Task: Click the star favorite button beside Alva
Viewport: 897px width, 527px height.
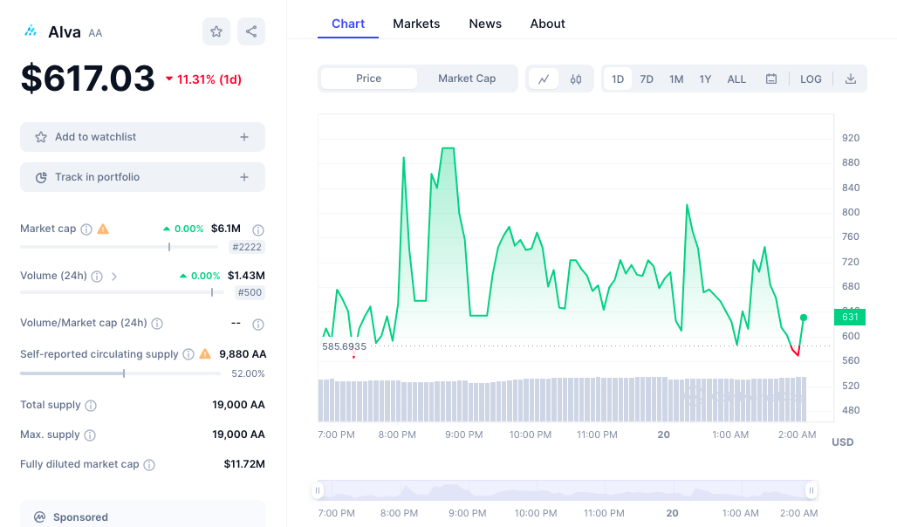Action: point(216,31)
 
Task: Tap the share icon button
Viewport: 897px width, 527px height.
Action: point(251,31)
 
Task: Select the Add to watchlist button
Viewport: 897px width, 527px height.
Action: point(142,137)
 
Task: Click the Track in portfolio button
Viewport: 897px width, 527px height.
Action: point(142,177)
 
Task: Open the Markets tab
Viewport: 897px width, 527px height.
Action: point(416,24)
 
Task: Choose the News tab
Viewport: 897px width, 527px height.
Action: point(485,24)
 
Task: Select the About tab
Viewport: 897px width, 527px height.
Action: point(547,24)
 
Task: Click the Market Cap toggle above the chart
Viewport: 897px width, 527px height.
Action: point(467,79)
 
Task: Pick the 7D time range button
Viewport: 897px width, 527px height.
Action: point(647,79)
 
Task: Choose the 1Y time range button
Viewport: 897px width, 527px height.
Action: point(705,79)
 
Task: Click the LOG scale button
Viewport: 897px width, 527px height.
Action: point(811,79)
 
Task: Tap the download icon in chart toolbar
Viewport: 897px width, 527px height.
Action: point(851,79)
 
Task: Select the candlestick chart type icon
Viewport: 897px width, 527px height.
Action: point(576,79)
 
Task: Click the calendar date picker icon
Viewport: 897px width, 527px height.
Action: point(771,79)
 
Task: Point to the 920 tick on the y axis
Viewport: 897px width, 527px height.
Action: point(850,138)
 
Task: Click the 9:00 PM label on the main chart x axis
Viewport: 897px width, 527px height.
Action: point(464,435)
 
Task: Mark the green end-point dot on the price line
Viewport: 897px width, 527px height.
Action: point(803,318)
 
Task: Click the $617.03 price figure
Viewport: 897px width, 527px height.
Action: point(88,79)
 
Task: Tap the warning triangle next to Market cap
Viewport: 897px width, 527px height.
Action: point(103,229)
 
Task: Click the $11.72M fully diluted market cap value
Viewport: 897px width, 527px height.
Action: point(244,464)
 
